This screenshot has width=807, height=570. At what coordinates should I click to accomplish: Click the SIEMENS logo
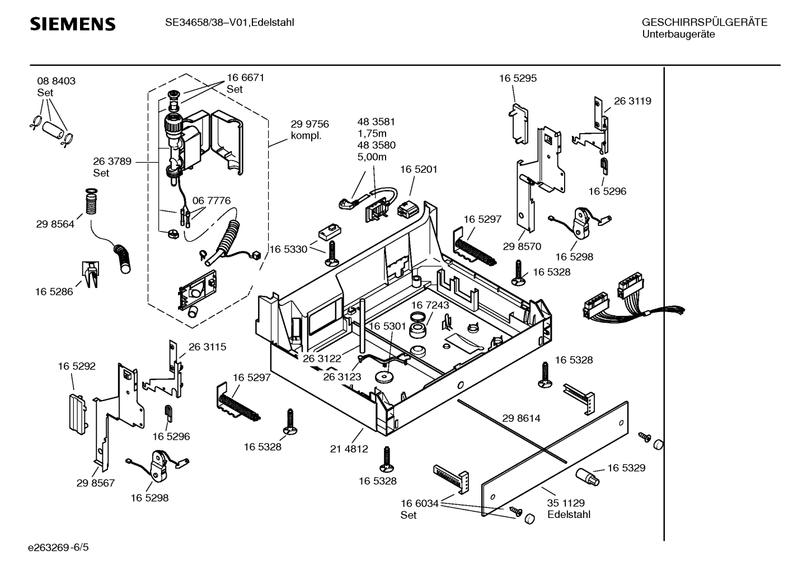click(73, 24)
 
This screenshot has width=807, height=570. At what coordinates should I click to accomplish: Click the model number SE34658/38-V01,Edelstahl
click(229, 22)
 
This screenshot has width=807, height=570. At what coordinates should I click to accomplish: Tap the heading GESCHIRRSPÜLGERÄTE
click(704, 22)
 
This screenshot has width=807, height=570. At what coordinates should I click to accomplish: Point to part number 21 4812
click(349, 449)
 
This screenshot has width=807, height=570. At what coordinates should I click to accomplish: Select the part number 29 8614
click(521, 418)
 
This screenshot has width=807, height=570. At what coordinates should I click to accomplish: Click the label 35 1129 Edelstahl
click(569, 509)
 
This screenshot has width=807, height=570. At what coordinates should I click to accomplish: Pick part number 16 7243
click(430, 305)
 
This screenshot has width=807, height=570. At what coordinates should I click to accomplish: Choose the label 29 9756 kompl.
click(309, 130)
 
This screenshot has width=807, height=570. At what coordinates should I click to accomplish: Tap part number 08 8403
click(56, 81)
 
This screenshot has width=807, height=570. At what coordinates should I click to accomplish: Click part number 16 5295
click(518, 78)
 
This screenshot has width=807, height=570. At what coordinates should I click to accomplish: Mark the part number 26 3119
click(632, 101)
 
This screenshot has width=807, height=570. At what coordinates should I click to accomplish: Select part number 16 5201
click(419, 169)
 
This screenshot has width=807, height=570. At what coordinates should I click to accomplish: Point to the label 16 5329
click(626, 468)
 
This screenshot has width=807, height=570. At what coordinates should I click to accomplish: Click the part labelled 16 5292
click(77, 412)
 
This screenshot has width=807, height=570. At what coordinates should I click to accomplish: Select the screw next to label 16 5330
click(331, 255)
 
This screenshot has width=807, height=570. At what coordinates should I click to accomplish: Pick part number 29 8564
click(55, 224)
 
